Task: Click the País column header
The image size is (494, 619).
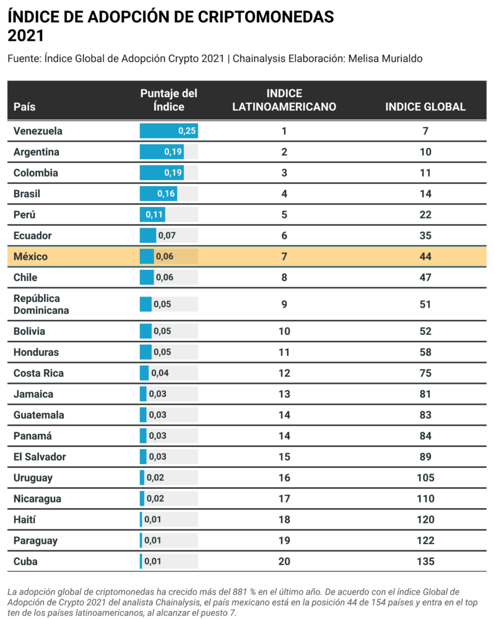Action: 25,106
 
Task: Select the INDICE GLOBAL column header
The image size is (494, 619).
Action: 425,106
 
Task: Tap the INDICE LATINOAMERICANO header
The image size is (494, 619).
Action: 284,100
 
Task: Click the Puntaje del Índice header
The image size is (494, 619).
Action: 168,100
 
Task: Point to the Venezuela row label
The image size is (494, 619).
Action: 38,131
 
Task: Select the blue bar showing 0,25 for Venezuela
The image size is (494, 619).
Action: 168,131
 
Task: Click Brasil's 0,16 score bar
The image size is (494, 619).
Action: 158,194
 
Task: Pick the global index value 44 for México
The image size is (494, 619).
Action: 425,256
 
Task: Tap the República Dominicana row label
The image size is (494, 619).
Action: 41,304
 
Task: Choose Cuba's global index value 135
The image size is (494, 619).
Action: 425,561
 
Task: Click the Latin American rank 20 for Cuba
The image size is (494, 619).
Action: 284,561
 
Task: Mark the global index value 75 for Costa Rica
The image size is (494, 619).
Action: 425,373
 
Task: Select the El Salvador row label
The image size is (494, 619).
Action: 40,457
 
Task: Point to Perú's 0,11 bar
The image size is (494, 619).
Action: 152,215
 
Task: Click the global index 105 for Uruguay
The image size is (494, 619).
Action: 425,478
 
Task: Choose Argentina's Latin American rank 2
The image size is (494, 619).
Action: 284,152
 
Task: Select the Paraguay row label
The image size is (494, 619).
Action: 35,540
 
